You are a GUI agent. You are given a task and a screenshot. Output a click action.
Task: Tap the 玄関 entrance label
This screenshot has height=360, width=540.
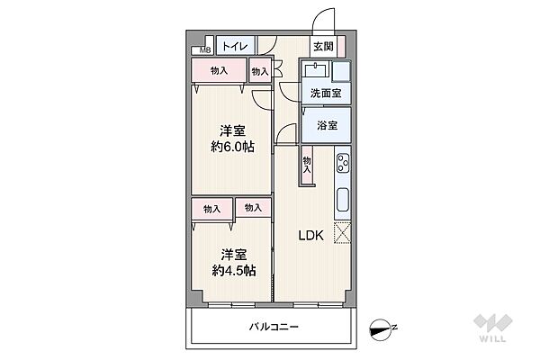click(323, 47)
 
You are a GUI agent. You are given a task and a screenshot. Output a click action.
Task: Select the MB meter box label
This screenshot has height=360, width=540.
click(204, 50)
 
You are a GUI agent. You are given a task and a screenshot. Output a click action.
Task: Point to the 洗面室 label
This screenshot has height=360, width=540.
click(324, 93)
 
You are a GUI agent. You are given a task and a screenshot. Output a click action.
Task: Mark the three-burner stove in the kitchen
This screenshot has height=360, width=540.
click(342, 164)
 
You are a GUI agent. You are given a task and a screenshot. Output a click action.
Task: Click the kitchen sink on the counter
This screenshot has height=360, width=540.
click(342, 200)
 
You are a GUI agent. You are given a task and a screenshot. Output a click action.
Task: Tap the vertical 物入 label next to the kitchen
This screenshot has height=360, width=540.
click(307, 164)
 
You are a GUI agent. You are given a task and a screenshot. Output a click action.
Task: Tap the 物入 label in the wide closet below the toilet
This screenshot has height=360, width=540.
click(218, 70)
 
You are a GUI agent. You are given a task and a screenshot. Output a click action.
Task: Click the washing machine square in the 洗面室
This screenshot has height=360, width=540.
click(340, 72)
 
